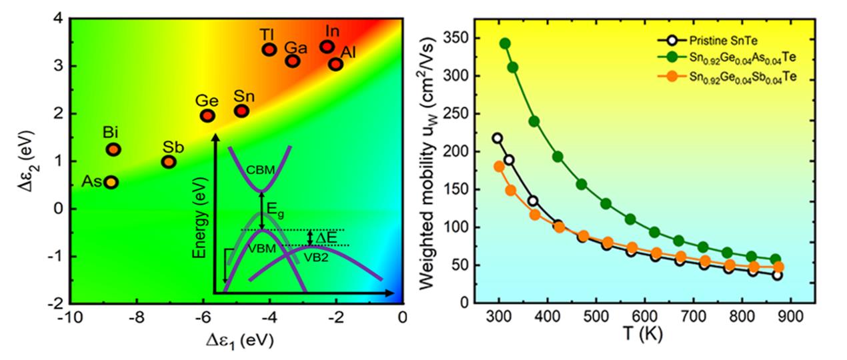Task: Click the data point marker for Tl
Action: (269, 49)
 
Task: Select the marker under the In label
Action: (327, 47)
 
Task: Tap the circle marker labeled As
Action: (111, 182)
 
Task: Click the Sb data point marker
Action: (169, 161)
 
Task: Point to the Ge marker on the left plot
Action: (207, 116)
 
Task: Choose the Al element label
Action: (348, 51)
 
